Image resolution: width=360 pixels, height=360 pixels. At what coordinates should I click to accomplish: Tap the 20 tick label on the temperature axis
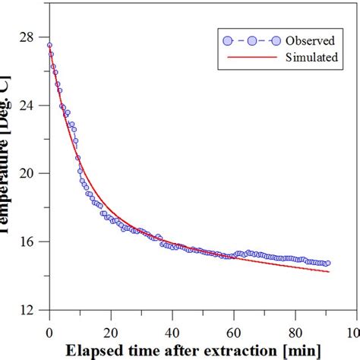click(27, 173)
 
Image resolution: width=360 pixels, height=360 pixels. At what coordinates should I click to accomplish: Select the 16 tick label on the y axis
click(27, 242)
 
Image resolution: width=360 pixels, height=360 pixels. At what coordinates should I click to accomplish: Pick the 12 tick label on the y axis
click(27, 310)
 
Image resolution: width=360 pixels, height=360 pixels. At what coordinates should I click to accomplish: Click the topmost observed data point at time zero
click(49, 46)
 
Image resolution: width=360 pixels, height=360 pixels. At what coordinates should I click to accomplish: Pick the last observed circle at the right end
click(328, 263)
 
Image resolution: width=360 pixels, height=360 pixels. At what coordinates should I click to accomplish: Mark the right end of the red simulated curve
click(329, 271)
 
